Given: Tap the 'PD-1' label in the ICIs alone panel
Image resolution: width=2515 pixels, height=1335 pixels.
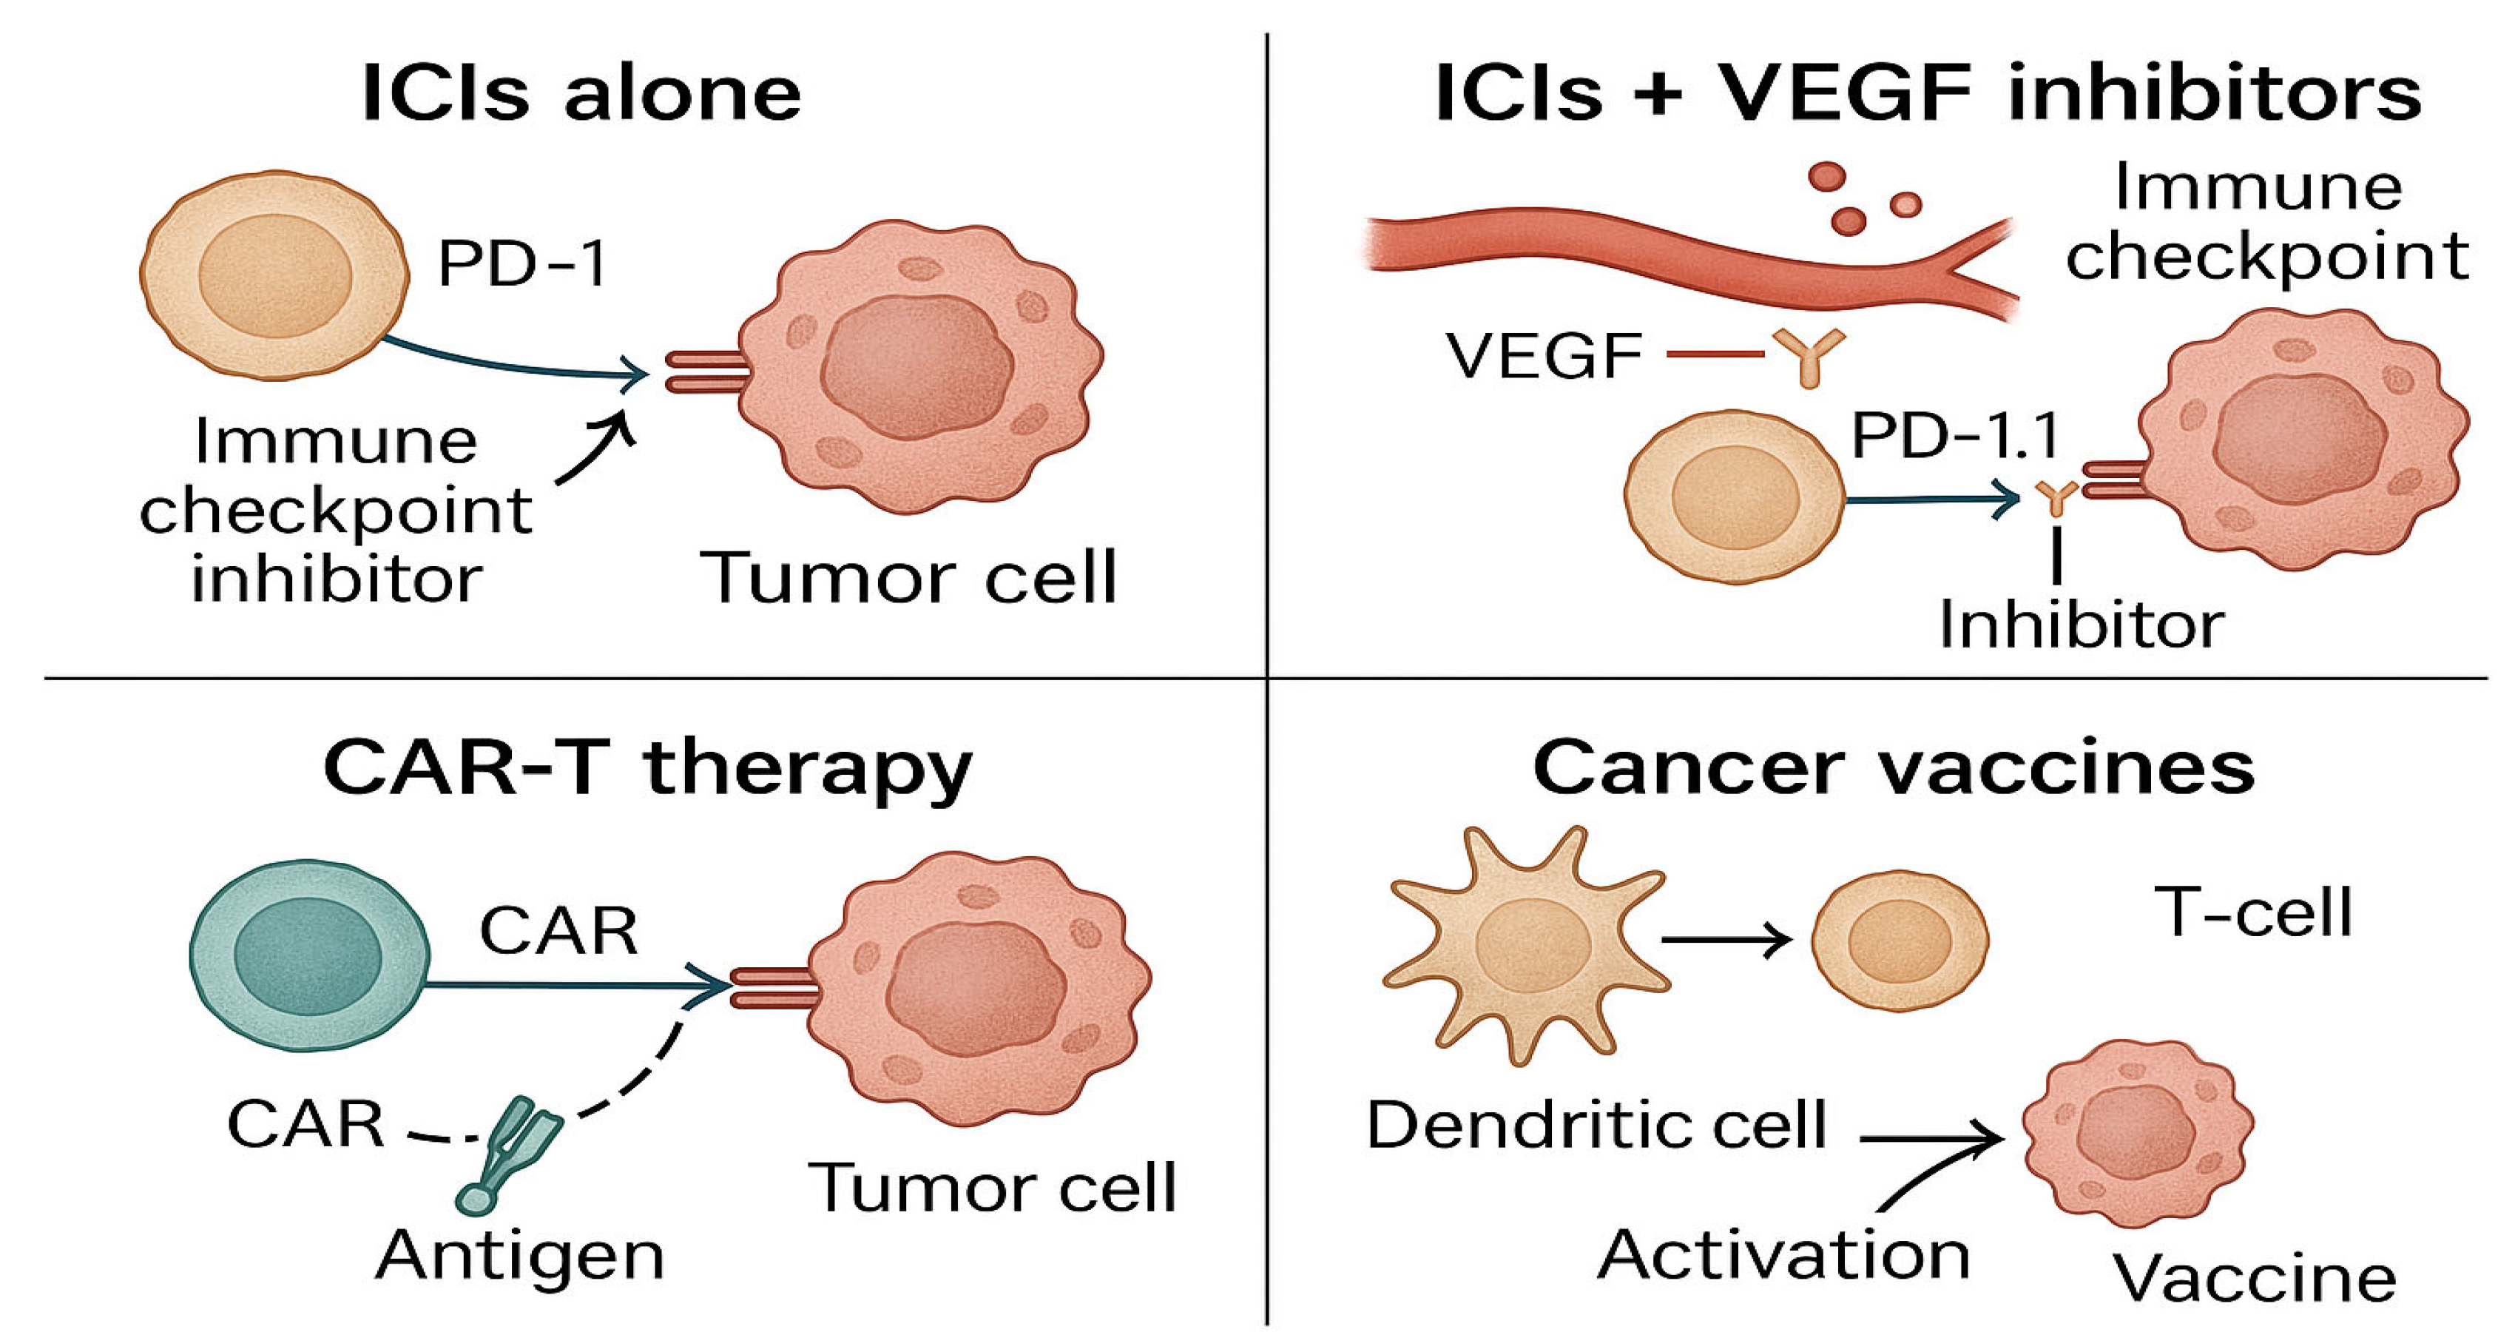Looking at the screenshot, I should coord(522,263).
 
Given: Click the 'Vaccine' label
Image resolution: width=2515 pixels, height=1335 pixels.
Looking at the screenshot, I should coord(2255,1277).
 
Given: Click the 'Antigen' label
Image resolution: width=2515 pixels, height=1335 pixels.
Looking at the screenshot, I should coord(520,1255).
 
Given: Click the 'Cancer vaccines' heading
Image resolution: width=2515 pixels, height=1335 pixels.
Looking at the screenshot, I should coord(1894,769).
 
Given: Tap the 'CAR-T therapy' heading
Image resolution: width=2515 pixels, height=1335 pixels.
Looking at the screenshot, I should coord(647,769).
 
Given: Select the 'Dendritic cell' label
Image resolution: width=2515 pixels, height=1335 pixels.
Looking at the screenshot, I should coord(1596,1125).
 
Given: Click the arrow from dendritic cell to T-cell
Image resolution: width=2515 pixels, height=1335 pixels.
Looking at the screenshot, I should coord(1726,941).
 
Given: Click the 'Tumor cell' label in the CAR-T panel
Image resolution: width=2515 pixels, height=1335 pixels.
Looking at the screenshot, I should coord(992,1188).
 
